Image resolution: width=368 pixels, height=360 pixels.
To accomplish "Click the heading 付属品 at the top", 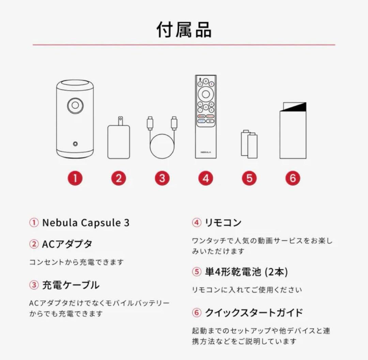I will click(184, 30).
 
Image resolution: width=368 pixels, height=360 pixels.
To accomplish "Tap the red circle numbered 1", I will click(75, 178).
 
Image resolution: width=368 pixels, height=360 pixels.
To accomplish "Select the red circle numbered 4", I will click(206, 178).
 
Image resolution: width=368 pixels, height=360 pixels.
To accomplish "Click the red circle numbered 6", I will click(293, 178).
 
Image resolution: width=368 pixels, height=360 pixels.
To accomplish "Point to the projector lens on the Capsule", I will click(75, 106).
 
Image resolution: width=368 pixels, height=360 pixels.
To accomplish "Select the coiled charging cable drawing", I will click(162, 143).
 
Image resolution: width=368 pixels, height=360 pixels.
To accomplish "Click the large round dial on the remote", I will click(206, 94).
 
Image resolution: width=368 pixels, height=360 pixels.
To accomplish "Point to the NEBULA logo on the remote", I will click(206, 152).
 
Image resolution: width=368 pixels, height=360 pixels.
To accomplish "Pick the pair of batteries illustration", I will click(249, 145).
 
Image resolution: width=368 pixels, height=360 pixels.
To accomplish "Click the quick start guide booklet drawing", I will click(293, 131).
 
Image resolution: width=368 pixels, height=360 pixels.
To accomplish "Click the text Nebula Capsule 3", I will click(86, 223).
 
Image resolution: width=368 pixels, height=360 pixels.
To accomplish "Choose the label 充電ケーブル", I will click(71, 285).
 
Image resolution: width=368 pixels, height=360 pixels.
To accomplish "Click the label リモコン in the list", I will click(223, 223).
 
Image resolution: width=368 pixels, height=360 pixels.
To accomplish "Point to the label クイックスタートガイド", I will click(254, 312).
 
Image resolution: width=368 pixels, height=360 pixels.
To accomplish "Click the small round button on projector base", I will click(75, 144).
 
